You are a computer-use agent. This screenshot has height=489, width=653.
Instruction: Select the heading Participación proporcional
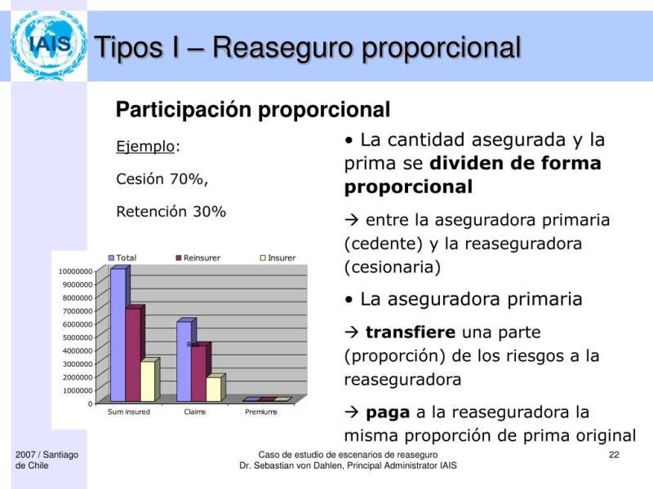[x=253, y=109]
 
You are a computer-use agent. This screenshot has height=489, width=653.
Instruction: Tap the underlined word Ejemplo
[x=145, y=147]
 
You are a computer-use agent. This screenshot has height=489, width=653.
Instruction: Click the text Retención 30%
[x=171, y=211]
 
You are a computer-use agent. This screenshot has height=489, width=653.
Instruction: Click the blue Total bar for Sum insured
[x=118, y=334]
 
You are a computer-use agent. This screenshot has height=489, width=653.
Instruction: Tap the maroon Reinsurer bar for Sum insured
[x=132, y=354]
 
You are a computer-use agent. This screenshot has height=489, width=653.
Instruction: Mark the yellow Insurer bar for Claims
[x=213, y=388]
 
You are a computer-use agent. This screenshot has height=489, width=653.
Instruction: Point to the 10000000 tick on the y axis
[x=74, y=271]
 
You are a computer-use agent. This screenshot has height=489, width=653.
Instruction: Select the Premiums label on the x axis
[x=261, y=412]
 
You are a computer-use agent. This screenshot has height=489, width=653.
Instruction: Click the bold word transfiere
[x=411, y=333]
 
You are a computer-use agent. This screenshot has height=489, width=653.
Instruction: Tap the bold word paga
[x=388, y=412]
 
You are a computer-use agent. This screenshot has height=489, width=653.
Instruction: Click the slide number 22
[x=614, y=454]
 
